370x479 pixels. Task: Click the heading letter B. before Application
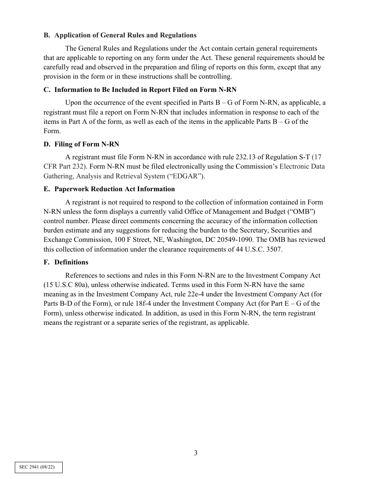click(47, 35)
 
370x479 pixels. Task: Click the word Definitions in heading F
click(71, 262)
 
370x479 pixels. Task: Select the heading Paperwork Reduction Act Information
click(115, 189)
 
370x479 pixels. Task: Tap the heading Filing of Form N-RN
click(87, 144)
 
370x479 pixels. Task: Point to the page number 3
click(196, 453)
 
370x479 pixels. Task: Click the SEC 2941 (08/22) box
click(39, 467)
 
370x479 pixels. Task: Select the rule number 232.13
click(246, 157)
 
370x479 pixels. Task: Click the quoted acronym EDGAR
click(185, 176)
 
